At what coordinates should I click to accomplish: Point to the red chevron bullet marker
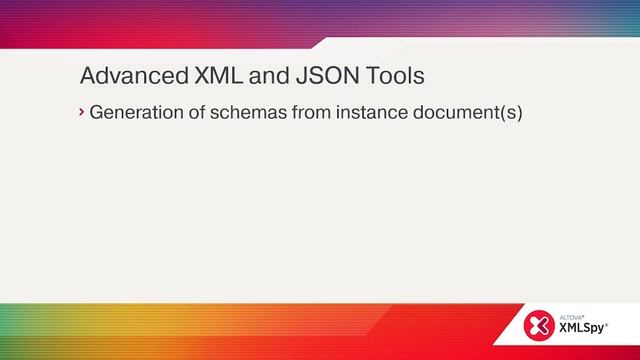82,112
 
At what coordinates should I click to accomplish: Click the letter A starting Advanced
87,76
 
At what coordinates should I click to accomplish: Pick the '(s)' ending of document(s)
513,112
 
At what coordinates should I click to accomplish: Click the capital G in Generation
96,112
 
